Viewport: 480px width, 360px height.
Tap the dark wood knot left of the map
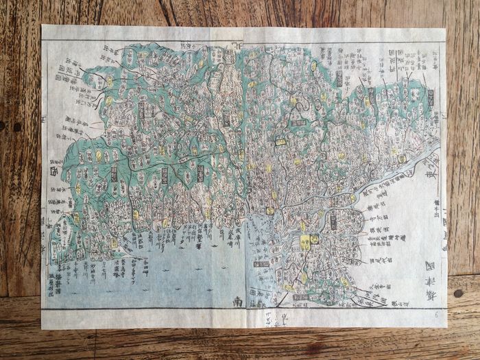click(17, 127)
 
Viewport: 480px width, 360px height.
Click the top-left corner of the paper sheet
click(43, 26)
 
